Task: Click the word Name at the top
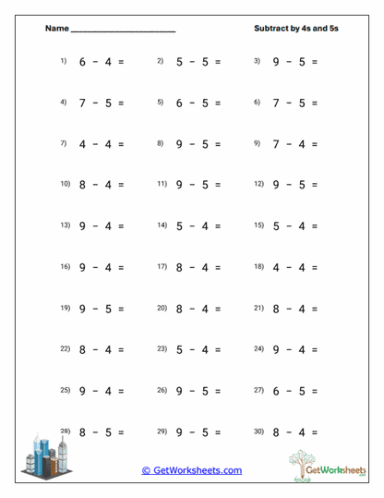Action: (x=56, y=29)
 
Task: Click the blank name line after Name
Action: (x=123, y=30)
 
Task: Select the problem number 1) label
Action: (x=64, y=61)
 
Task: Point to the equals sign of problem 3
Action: (x=314, y=62)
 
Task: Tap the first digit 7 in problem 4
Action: (x=82, y=103)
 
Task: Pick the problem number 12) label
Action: (x=258, y=184)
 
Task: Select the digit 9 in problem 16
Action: (x=82, y=267)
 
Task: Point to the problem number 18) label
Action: (x=258, y=266)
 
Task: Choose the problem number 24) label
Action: (x=258, y=348)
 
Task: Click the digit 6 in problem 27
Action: (x=276, y=391)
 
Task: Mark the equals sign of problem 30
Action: (x=314, y=431)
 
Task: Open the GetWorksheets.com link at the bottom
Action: (x=191, y=470)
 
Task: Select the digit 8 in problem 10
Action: (x=82, y=185)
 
